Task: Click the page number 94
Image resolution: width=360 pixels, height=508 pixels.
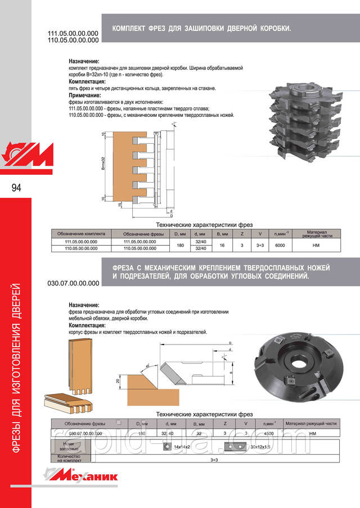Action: coord(15,188)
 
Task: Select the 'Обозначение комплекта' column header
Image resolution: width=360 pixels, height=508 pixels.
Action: coord(82,234)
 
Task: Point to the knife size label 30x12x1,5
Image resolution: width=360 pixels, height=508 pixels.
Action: coord(259,446)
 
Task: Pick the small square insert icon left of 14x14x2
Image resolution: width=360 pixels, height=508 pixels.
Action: coord(166,446)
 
